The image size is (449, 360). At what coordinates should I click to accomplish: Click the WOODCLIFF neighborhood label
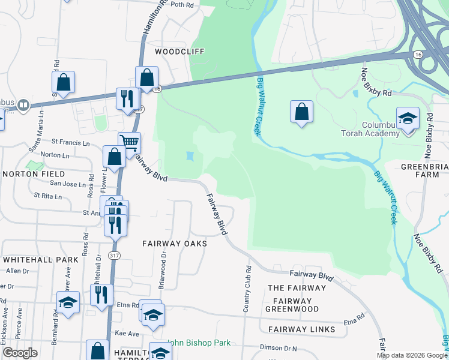(179, 52)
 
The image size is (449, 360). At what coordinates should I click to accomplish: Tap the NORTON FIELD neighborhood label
(29, 174)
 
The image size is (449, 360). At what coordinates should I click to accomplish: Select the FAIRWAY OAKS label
(175, 244)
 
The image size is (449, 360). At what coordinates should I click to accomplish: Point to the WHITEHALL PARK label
(40, 260)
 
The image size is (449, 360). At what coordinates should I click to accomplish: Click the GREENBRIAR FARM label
(424, 170)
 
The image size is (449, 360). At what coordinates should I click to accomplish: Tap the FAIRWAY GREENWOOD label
(295, 305)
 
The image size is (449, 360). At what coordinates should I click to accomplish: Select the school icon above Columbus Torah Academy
(407, 118)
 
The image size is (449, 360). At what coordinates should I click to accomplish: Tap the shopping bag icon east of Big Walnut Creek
(301, 112)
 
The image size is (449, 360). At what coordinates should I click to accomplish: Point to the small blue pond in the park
(190, 157)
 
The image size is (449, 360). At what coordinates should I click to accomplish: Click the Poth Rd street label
(182, 5)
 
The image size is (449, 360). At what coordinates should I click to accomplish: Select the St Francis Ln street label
(70, 143)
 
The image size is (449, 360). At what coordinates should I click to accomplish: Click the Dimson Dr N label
(279, 347)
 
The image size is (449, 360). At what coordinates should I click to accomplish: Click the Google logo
(20, 353)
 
